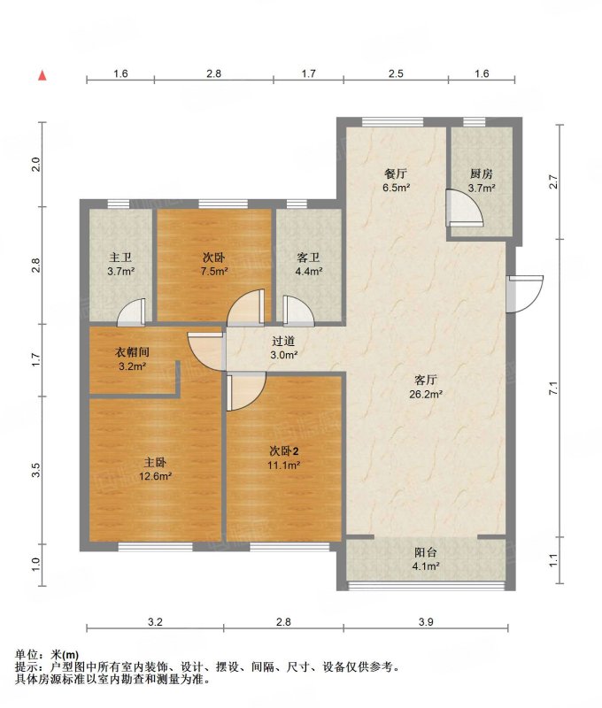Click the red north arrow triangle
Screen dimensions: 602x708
pos(42,75)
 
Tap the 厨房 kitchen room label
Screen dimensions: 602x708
pos(481,173)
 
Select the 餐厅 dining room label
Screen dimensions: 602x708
pos(396,173)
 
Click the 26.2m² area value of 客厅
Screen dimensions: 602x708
pos(426,394)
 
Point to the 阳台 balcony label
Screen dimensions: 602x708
pos(426,552)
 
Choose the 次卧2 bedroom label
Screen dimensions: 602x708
pos(284,450)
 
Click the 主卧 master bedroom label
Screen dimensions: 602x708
pos(155,462)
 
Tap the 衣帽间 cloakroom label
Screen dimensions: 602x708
pos(132,352)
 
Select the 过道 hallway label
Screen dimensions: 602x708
pos(283,342)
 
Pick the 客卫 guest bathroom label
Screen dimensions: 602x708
pos(308,258)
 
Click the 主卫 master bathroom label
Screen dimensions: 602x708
pos(120,258)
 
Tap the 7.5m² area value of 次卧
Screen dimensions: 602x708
pos(214,272)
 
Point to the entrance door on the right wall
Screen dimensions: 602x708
pos(524,294)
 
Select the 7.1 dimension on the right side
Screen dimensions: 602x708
pos(553,388)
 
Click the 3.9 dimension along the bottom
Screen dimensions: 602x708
pos(426,622)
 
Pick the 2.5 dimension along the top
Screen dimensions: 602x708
pos(396,73)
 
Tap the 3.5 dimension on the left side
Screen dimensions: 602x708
pos(36,470)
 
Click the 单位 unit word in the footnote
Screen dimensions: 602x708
pos(25,655)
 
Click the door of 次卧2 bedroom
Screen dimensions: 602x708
pos(246,392)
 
